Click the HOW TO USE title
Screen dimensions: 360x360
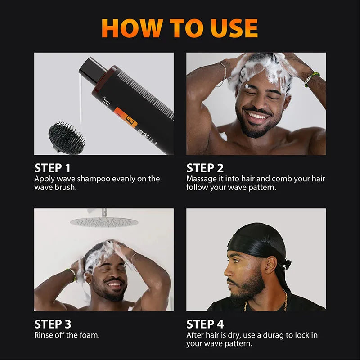coord(180,28)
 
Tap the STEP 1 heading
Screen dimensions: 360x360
coord(52,168)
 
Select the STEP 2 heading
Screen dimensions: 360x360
coord(205,168)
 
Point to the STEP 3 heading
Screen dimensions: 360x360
coord(52,324)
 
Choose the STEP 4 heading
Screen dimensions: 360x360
coord(205,324)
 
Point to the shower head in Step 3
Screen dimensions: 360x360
coord(104,221)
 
